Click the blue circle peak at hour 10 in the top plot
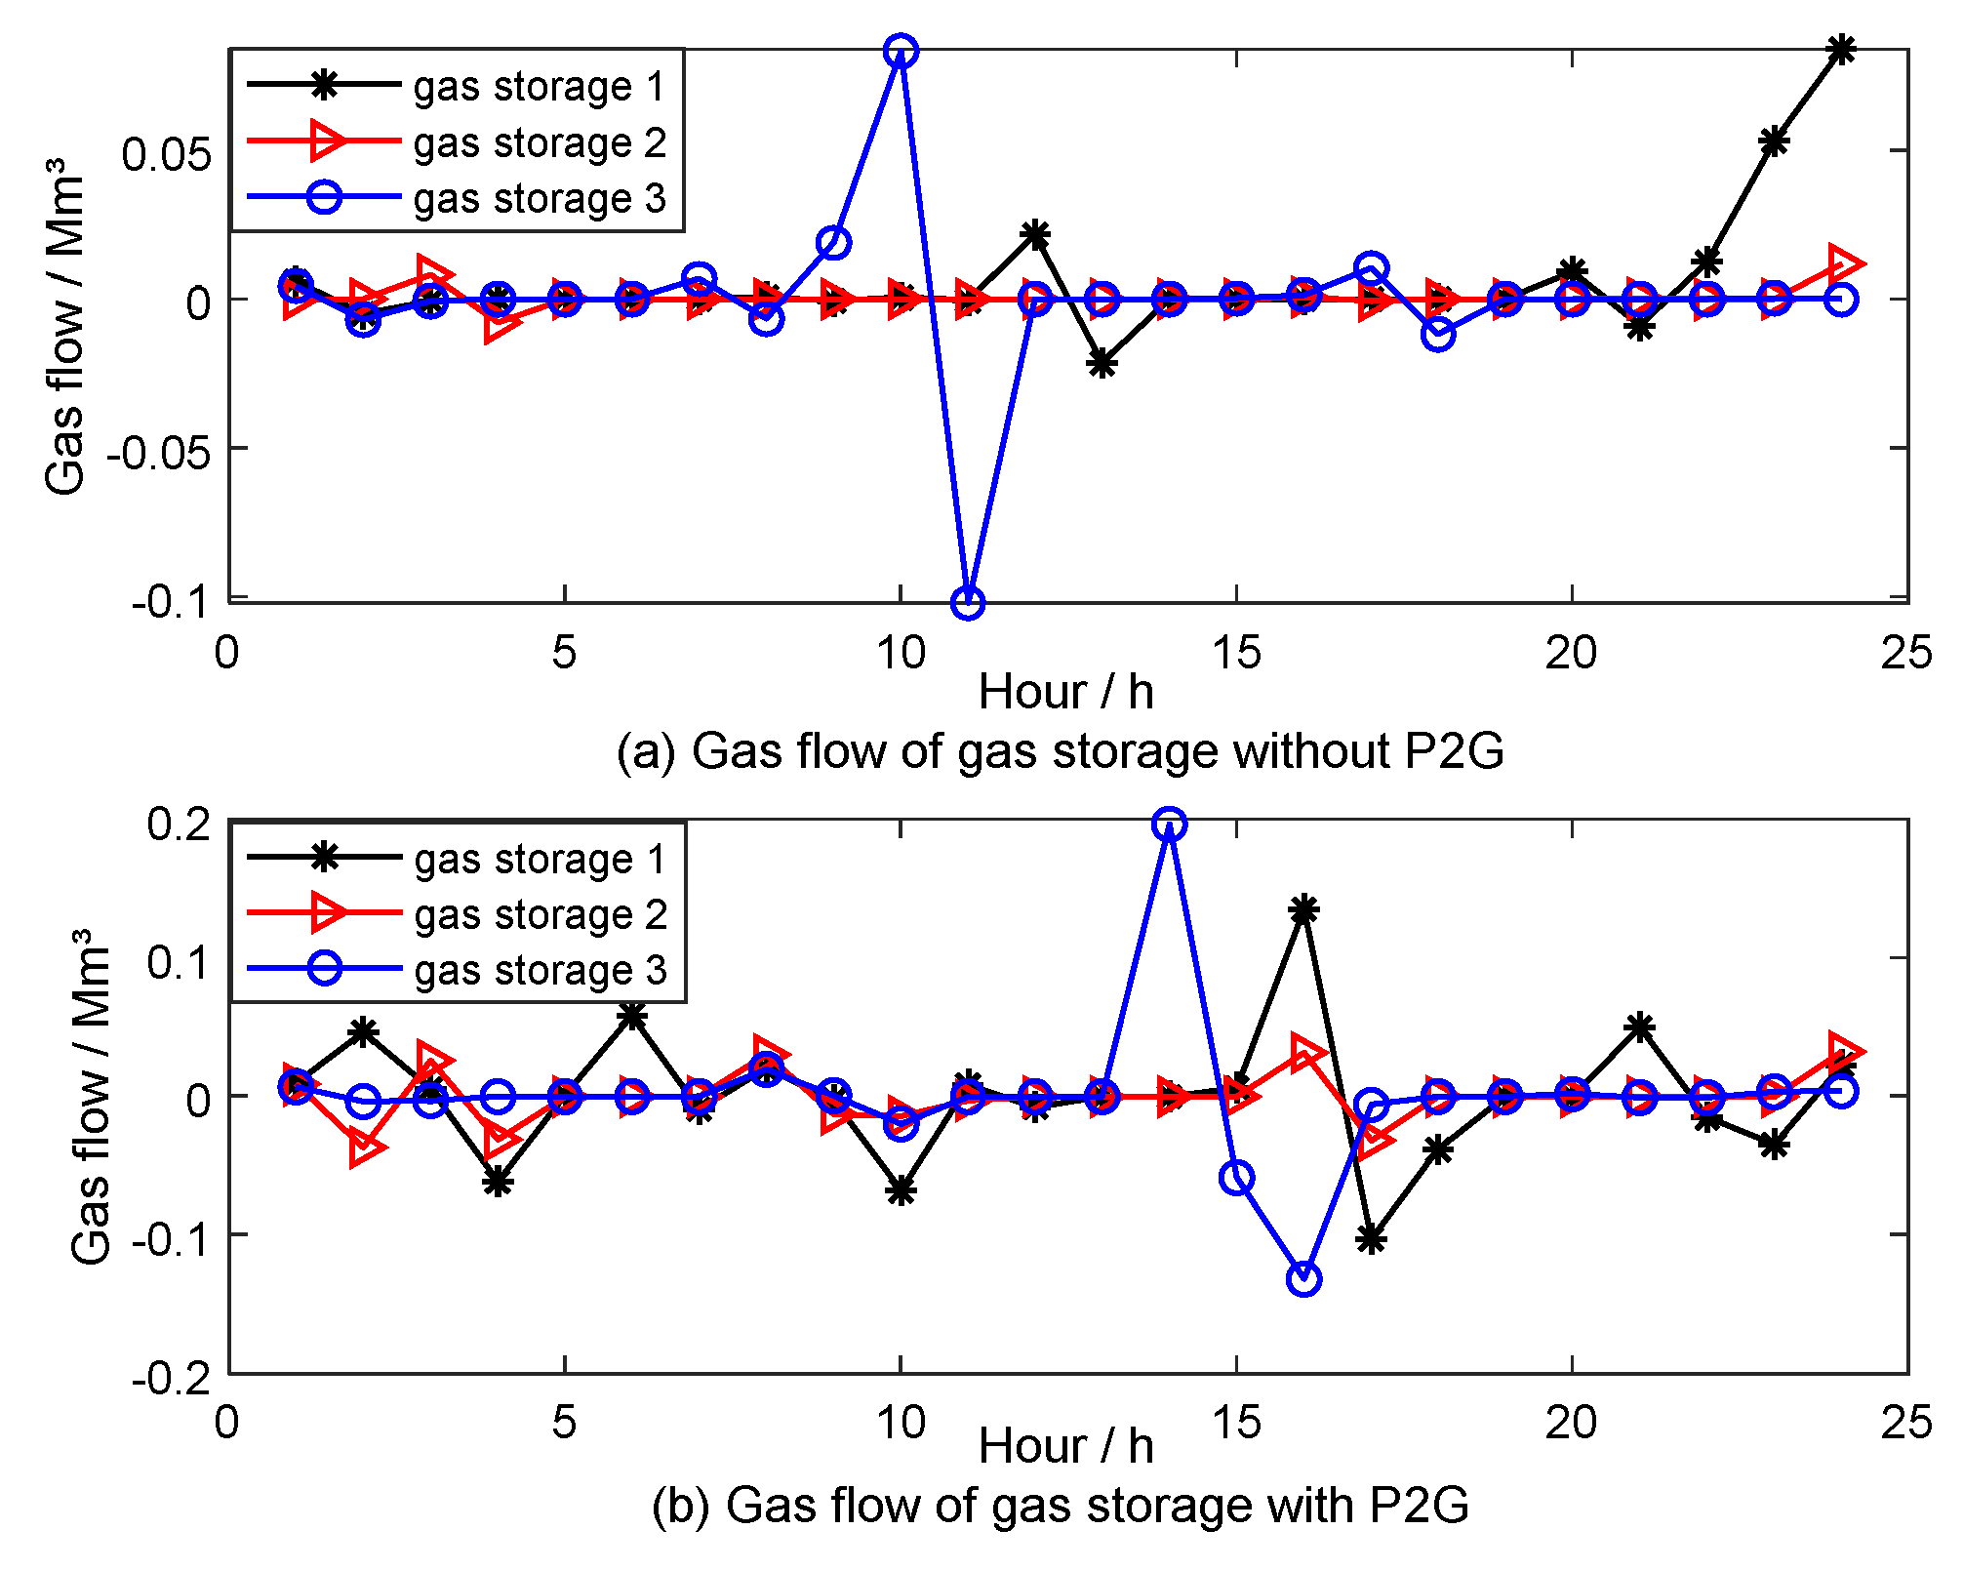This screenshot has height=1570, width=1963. (901, 52)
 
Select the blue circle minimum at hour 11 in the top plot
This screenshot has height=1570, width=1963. (967, 603)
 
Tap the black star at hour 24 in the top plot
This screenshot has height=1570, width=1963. (1841, 50)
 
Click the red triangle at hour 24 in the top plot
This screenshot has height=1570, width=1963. (1843, 264)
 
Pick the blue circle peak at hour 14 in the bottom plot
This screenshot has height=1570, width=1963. (1169, 825)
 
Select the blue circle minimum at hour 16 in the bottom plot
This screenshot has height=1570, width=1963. (1304, 1278)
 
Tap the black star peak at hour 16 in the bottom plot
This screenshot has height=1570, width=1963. (1304, 910)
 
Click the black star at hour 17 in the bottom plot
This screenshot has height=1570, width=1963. (1371, 1240)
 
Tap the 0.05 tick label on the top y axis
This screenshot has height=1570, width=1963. (166, 154)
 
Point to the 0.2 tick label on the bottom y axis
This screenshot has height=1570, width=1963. (179, 825)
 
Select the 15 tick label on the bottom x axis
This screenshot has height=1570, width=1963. (1236, 1423)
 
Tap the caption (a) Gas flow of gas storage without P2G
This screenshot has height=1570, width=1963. (1061, 751)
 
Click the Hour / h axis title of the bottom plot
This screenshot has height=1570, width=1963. (1065, 1446)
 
